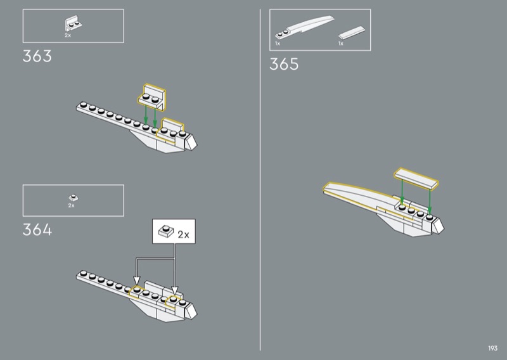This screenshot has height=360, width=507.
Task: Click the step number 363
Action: (x=37, y=57)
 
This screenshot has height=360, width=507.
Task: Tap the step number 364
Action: (x=37, y=229)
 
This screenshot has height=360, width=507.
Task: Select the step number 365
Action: (x=284, y=64)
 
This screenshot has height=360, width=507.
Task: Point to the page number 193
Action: (x=492, y=348)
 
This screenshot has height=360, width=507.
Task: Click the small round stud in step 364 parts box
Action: (x=72, y=198)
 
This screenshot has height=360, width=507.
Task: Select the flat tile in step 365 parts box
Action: (x=350, y=34)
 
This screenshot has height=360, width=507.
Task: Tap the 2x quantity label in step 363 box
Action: (x=68, y=35)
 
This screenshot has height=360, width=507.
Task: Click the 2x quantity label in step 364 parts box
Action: (x=71, y=205)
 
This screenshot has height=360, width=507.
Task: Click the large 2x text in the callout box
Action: (x=183, y=235)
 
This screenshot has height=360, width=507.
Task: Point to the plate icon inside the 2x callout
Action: (x=166, y=232)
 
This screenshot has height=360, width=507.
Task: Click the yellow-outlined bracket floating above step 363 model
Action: (x=153, y=96)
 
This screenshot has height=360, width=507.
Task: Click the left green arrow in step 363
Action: (x=146, y=114)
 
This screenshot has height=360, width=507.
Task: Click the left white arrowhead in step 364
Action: (x=136, y=281)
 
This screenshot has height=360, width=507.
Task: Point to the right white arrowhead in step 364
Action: (x=174, y=283)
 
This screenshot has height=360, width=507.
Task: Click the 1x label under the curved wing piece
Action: (x=278, y=44)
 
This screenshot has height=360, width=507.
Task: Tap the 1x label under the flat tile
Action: (x=340, y=44)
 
